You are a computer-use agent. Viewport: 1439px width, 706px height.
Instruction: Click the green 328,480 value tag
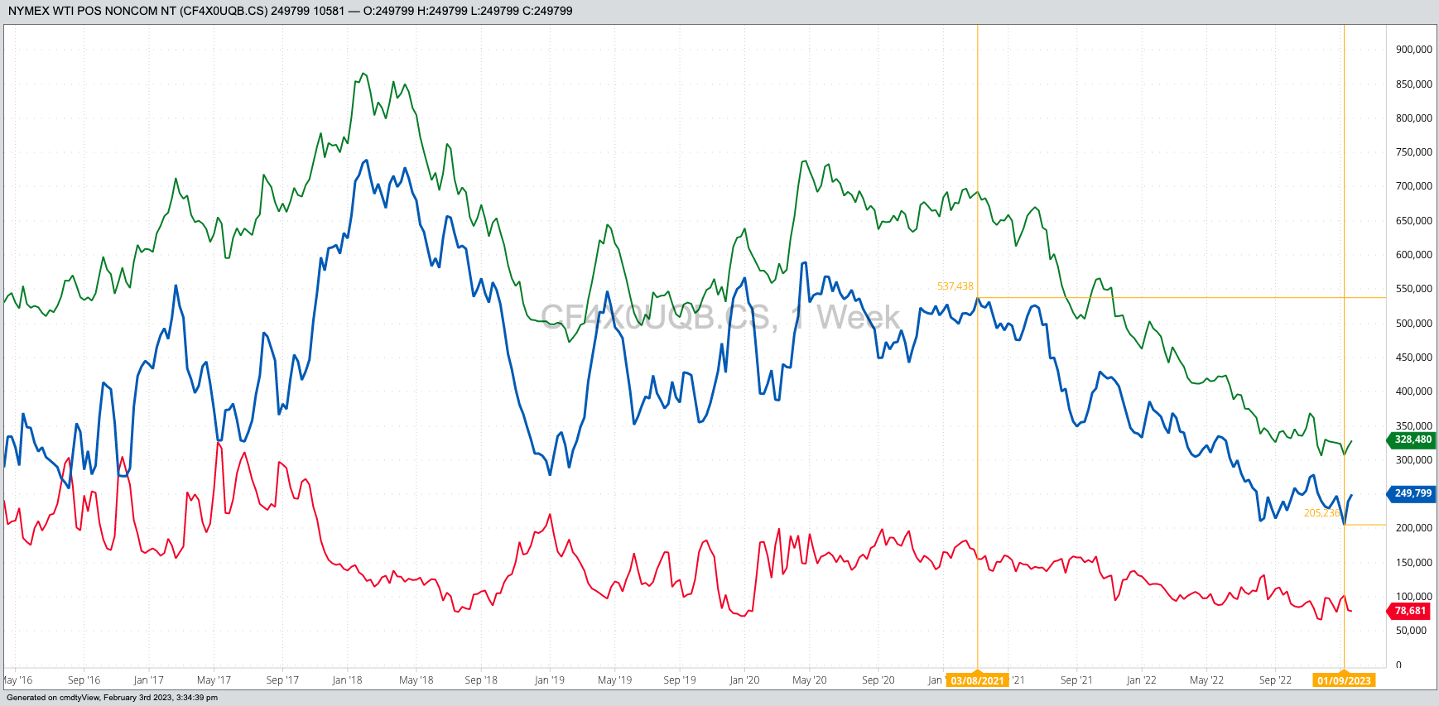tap(1412, 439)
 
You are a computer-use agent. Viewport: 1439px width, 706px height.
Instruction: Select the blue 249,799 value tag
tap(1412, 493)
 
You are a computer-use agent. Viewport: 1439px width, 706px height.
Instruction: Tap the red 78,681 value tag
tap(1410, 611)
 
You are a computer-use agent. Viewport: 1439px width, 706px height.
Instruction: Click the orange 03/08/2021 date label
tap(977, 680)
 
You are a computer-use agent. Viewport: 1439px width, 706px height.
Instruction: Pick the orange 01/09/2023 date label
tap(1344, 680)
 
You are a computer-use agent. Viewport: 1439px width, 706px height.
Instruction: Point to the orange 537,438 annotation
tap(955, 286)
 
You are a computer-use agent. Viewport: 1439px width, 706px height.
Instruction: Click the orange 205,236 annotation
tap(1321, 513)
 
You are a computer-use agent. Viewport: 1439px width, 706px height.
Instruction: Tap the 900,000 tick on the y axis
tap(1413, 50)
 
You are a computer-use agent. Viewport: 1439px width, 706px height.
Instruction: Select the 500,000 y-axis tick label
tap(1413, 323)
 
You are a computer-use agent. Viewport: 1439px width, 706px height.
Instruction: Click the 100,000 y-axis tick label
tap(1413, 596)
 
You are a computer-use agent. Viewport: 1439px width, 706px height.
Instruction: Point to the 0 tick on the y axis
tap(1398, 665)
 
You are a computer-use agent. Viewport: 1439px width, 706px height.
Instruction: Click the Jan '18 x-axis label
tap(347, 680)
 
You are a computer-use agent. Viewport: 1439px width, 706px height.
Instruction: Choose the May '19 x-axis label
tap(614, 680)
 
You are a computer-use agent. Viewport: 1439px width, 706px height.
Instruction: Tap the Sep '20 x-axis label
tap(878, 680)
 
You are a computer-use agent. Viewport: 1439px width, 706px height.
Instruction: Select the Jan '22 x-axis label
tap(1141, 680)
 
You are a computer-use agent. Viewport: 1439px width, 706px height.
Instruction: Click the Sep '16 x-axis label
tap(84, 680)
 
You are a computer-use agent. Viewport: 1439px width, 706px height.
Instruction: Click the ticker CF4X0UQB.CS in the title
tap(224, 11)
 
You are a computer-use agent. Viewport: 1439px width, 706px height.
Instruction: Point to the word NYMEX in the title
tap(29, 11)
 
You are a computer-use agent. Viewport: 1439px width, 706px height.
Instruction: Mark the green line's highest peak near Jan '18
tap(363, 73)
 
